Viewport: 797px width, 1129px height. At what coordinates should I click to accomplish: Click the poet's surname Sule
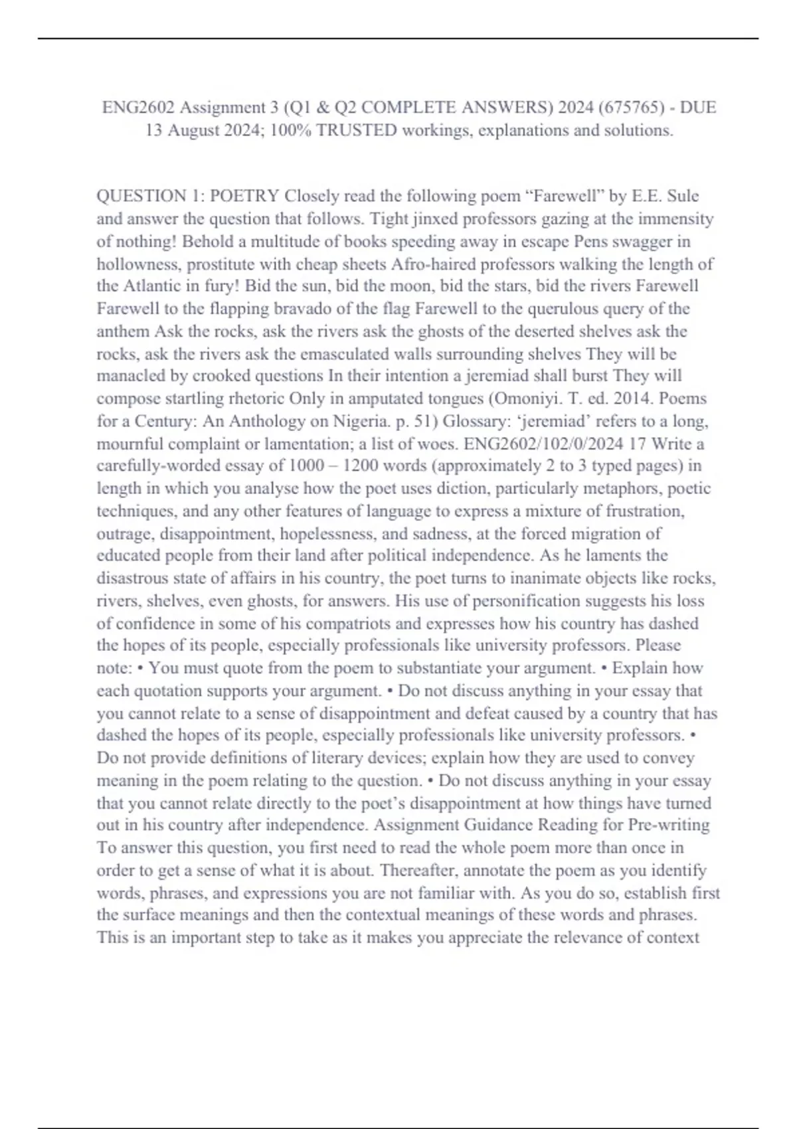(x=682, y=197)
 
